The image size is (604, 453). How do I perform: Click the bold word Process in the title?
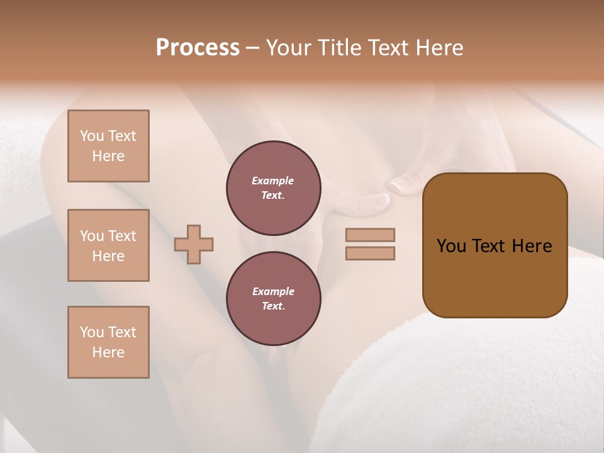coord(198,48)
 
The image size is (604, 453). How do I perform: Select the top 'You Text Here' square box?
coord(108,146)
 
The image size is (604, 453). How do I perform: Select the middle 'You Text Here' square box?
coord(108,245)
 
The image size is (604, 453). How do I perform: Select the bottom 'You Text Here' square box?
coord(108,342)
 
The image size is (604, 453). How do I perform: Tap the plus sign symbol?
coord(194,244)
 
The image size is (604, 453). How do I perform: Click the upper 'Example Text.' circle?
coord(273,188)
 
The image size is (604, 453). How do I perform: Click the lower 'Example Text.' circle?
coord(273,299)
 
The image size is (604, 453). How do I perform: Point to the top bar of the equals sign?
coord(371,235)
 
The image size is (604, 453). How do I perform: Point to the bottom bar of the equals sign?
coord(371,254)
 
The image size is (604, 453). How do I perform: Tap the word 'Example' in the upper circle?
coord(273,181)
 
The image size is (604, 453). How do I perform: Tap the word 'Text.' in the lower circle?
coord(273,306)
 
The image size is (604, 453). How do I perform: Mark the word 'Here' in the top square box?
coord(108,156)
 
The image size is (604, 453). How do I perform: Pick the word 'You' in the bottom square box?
coord(92,332)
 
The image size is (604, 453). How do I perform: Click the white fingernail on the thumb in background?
coord(400,184)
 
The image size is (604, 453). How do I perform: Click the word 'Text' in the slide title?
coord(386,48)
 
